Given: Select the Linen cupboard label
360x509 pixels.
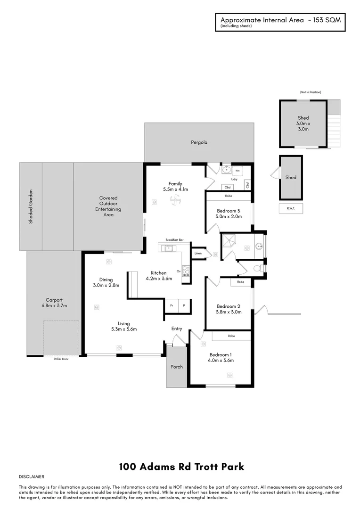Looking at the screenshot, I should tap(198, 254).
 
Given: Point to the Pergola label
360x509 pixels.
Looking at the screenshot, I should tap(199, 142).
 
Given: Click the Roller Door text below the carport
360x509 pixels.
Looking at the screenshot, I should tap(61, 359).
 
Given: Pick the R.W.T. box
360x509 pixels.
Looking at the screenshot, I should tap(291, 208).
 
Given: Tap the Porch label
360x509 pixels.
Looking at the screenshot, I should tap(177, 367).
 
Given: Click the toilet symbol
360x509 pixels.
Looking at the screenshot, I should tap(258, 268).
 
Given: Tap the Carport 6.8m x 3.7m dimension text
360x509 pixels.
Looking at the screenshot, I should tap(54, 305).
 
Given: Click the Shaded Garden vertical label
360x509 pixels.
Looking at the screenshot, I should tap(31, 206).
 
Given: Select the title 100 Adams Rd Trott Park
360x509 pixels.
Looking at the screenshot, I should tap(181, 467).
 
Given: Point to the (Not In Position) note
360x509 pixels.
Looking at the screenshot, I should tap(310, 92).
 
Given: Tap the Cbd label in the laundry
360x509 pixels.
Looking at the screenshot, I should tap(227, 187).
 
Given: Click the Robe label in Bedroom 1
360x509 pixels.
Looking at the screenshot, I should tap(231, 336).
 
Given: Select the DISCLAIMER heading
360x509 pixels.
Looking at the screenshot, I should tap(32, 477).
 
